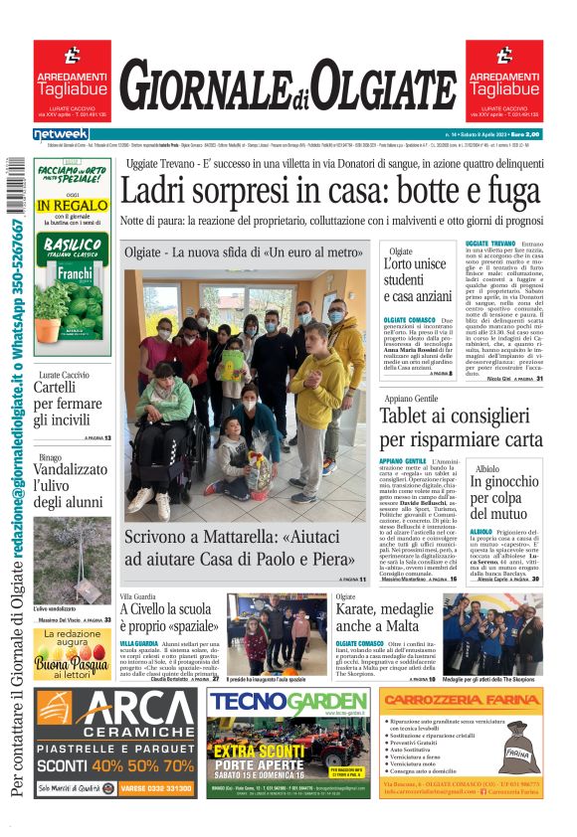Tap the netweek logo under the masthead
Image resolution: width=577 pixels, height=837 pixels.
point(61,134)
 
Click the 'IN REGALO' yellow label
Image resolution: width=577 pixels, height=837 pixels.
point(72,206)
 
